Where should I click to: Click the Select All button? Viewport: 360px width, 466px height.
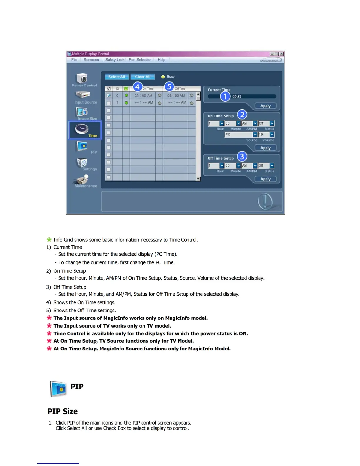click(116, 77)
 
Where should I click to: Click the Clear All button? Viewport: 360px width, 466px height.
click(143, 77)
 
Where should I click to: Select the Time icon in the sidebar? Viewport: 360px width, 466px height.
click(85, 130)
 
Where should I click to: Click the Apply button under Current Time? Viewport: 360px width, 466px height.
click(265, 106)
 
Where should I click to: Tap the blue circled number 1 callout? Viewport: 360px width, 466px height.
click(225, 96)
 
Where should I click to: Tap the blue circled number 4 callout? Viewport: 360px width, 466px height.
click(137, 87)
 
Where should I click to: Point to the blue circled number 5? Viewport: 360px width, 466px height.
click(169, 87)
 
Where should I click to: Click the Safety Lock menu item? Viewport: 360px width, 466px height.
click(115, 60)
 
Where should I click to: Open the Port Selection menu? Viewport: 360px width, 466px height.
click(140, 60)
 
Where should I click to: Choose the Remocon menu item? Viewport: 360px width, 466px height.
click(91, 60)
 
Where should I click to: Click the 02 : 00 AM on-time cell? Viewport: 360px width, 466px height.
click(143, 96)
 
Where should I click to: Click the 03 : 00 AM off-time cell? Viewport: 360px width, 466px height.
click(176, 96)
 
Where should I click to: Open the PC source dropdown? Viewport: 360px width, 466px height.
click(255, 134)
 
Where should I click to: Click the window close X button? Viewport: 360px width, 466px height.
click(281, 54)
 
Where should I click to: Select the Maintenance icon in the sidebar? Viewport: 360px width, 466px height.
click(85, 181)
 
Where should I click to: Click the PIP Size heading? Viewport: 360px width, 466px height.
click(63, 411)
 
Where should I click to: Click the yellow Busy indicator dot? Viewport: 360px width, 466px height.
click(163, 77)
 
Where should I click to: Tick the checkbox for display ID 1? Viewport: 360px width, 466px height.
click(109, 103)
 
